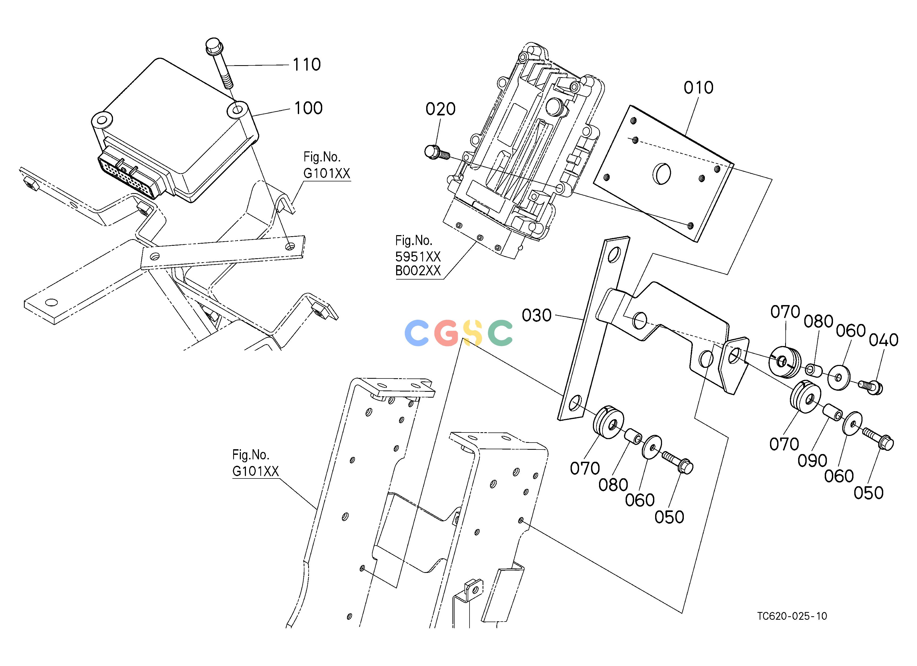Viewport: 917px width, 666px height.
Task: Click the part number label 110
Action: click(x=307, y=64)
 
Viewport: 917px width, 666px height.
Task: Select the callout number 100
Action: click(x=308, y=108)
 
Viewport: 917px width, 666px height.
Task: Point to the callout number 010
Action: click(x=698, y=88)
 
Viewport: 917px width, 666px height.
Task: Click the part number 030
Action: click(x=537, y=315)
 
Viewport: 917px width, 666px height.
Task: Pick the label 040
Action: click(x=883, y=340)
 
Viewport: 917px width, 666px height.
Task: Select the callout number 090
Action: click(x=812, y=461)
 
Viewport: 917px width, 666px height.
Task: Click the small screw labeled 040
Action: click(x=870, y=386)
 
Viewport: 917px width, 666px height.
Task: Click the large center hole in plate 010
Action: click(x=662, y=173)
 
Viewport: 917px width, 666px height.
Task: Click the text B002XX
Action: click(x=418, y=270)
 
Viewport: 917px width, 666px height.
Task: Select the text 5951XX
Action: click(x=418, y=256)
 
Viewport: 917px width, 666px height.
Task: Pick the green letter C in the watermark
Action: click(x=500, y=333)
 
